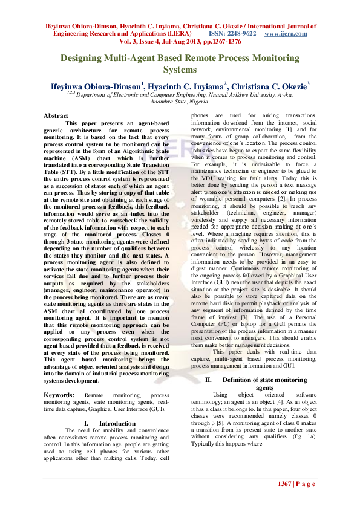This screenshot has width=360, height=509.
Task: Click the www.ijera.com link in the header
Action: [x=286, y=34]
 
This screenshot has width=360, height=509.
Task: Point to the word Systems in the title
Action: [x=180, y=70]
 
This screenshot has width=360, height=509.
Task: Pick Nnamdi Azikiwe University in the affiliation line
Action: [x=243, y=96]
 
